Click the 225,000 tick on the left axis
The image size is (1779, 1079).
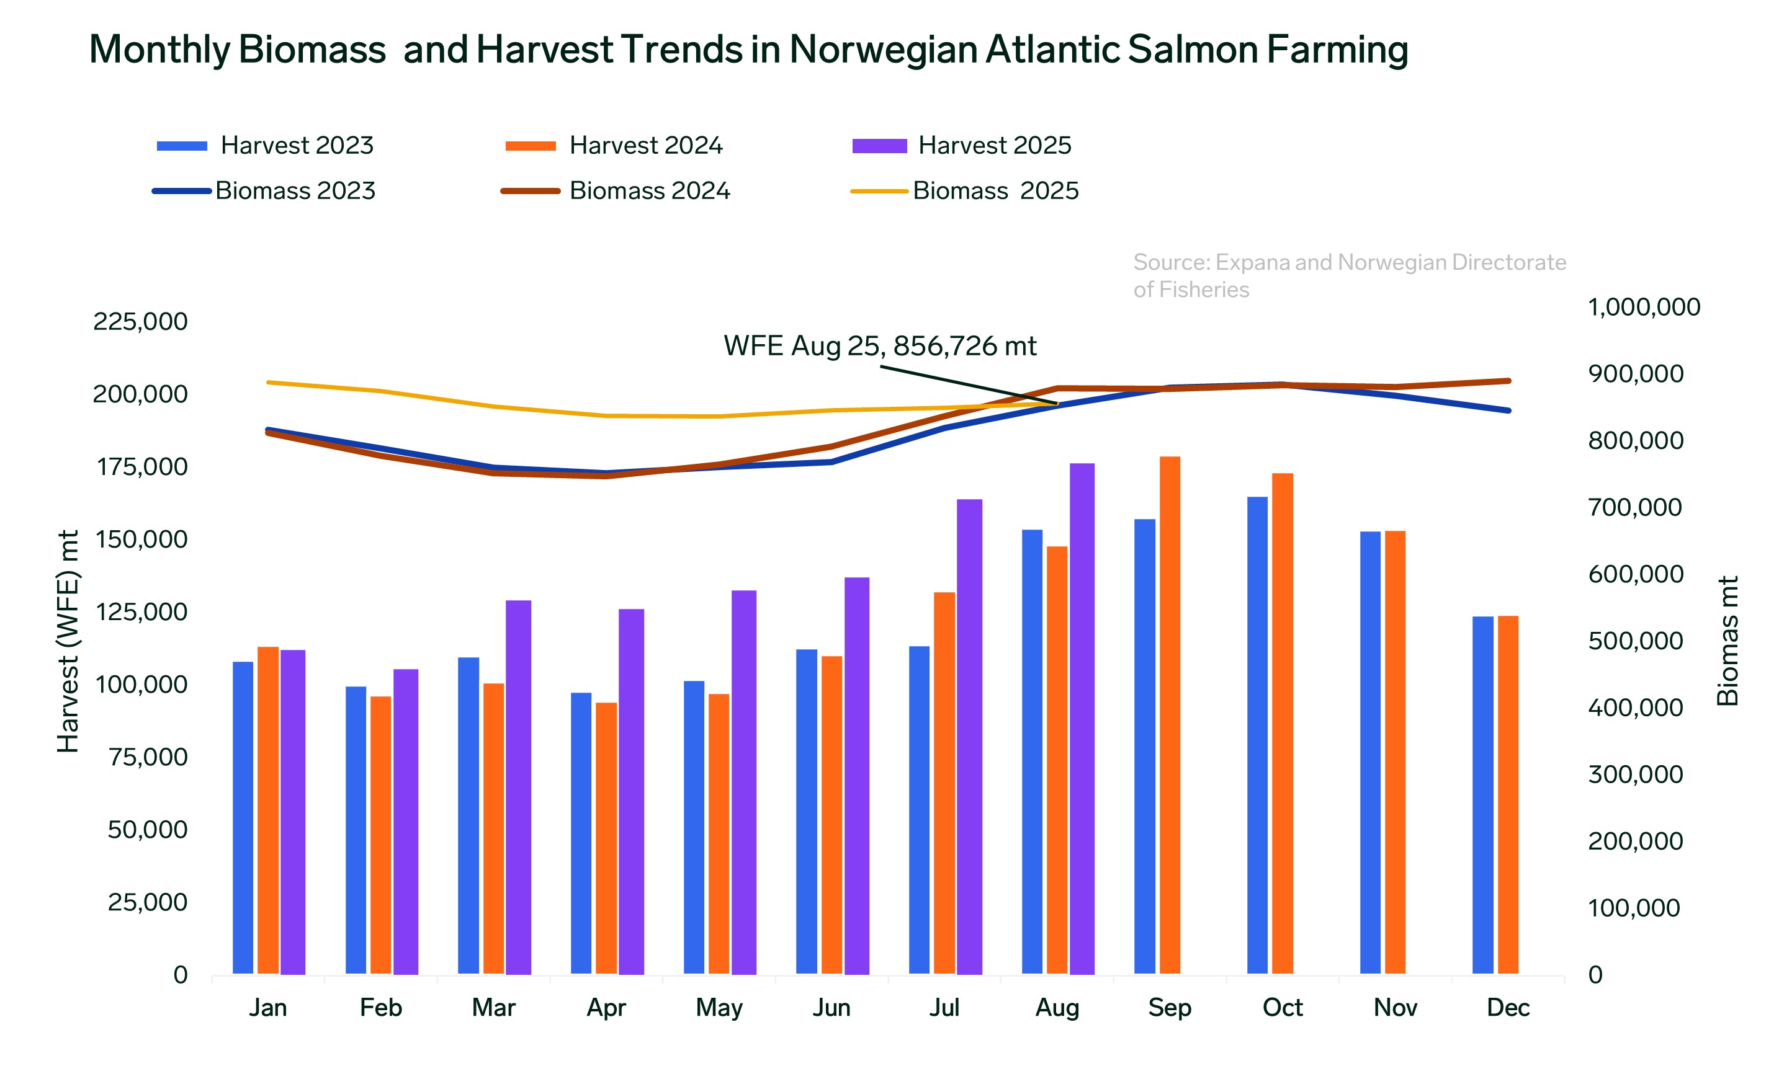coord(140,321)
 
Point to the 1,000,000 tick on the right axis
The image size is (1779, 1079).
coord(1643,307)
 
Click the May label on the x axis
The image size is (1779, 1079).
coord(719,1007)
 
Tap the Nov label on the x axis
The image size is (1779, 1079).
coord(1395,1007)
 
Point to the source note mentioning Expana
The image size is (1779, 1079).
coord(1349,275)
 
